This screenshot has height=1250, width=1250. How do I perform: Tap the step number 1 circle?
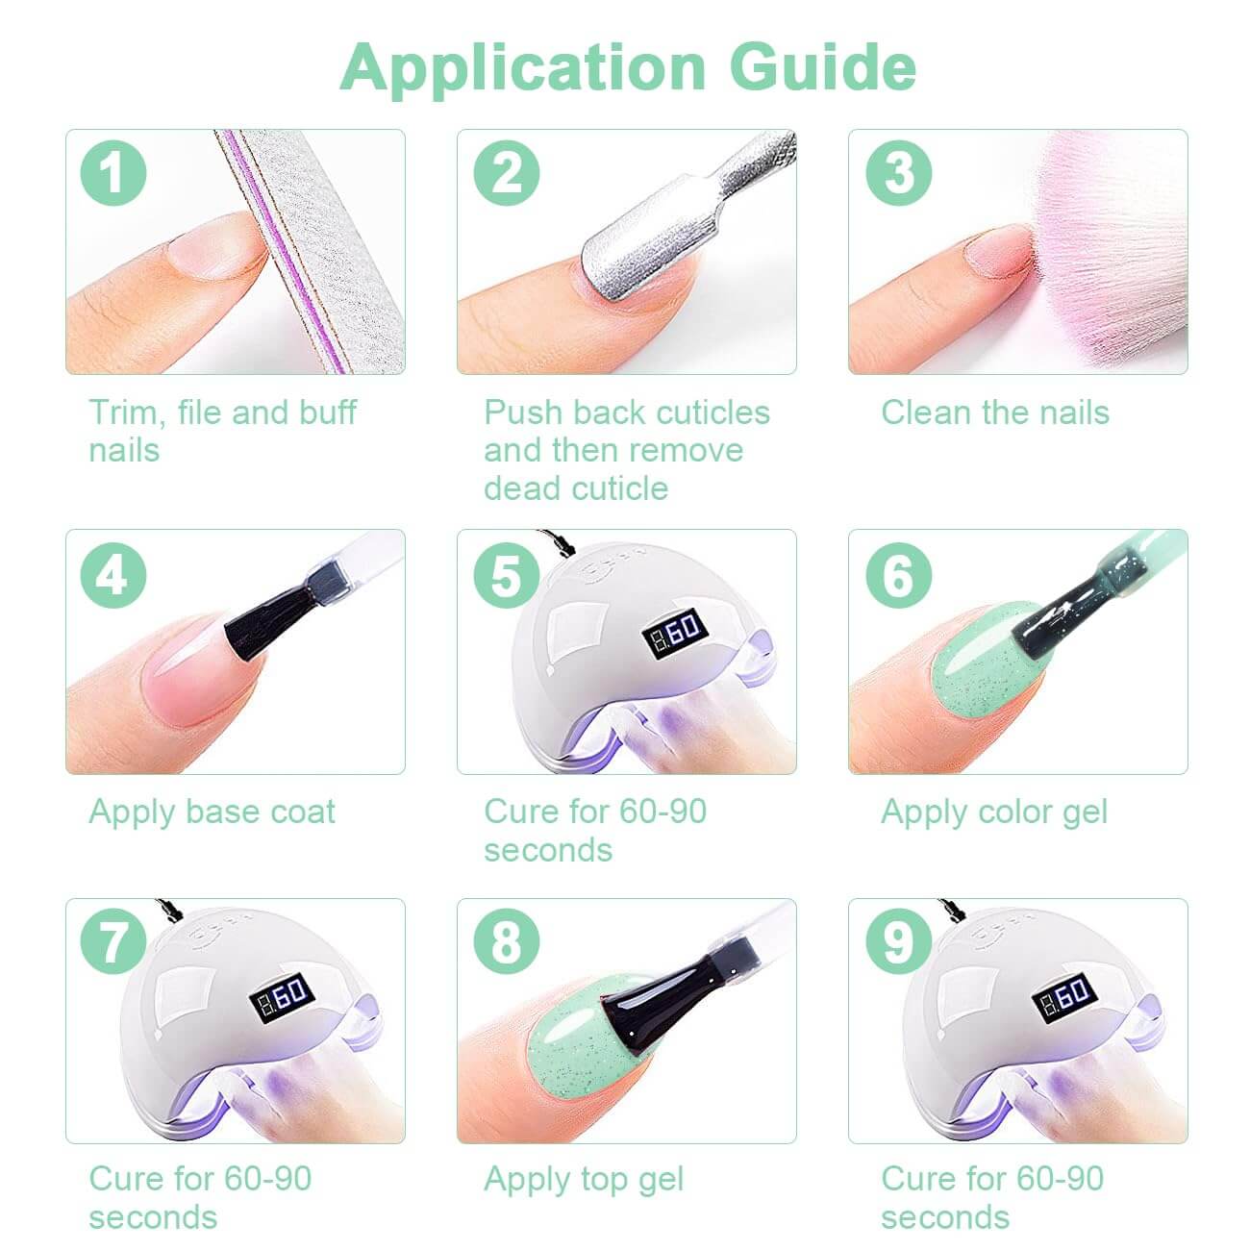pos(113,173)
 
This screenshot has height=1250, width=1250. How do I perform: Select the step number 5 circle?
pos(506,575)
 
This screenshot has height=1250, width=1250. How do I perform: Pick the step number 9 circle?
pos(898,943)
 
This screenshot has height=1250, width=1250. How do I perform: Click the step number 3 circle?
pos(898,173)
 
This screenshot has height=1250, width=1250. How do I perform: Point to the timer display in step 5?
pos(675,631)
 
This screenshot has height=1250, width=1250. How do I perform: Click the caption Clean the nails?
pos(995,412)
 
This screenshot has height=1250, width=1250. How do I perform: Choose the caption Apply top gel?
pos(584,1179)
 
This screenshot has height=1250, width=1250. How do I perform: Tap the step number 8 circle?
pos(506,943)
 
